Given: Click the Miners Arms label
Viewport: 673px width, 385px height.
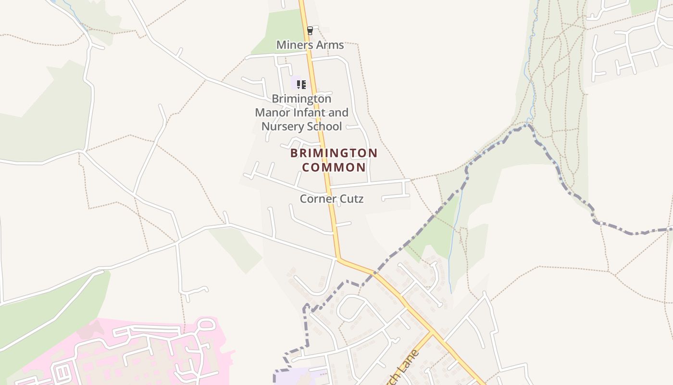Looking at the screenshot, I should tap(310, 45).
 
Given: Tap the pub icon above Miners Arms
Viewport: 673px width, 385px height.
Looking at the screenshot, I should tap(310, 31).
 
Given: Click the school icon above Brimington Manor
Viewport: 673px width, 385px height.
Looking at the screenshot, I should tap(301, 85).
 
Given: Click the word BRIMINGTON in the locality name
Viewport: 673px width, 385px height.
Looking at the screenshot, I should tap(334, 154).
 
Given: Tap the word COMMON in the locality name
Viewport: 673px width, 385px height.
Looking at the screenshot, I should tap(334, 167).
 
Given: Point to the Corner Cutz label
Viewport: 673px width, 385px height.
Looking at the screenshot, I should tap(331, 199).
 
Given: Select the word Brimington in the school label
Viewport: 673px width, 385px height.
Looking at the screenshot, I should tap(301, 99).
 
